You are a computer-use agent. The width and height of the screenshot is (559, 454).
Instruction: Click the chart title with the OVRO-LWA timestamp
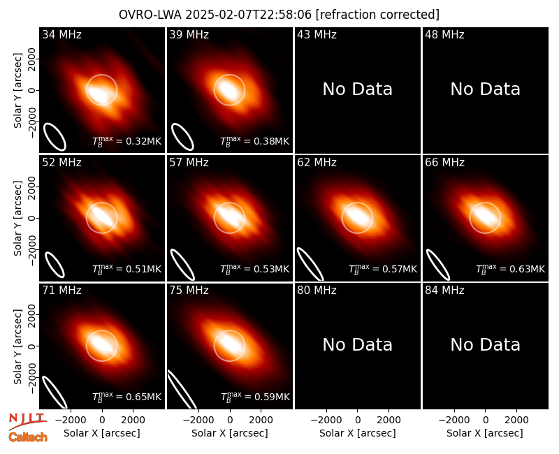[279, 15]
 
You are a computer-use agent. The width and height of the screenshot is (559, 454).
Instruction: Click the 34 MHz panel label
[61, 34]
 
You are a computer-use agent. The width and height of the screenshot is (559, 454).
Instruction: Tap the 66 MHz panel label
[444, 163]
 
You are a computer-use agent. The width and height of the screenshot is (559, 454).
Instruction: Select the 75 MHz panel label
[189, 291]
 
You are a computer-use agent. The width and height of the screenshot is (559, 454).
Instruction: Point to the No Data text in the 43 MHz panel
[357, 89]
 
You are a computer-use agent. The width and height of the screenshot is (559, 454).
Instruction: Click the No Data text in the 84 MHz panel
[485, 344]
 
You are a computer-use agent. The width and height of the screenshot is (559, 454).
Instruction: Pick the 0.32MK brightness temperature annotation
[127, 141]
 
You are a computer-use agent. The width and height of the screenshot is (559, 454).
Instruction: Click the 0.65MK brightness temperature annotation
[127, 396]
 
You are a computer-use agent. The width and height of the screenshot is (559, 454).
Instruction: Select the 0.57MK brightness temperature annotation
[382, 269]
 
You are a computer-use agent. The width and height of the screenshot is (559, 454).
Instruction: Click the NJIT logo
[27, 421]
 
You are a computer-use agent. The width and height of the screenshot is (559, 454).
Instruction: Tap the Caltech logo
[28, 437]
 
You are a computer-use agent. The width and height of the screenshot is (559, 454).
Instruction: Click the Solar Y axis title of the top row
[17, 91]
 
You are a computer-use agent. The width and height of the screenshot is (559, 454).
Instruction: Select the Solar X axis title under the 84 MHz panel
[485, 433]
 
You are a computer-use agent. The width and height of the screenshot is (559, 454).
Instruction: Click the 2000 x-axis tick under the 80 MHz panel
[389, 420]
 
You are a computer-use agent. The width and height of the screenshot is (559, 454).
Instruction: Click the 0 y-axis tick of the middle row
[32, 218]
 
